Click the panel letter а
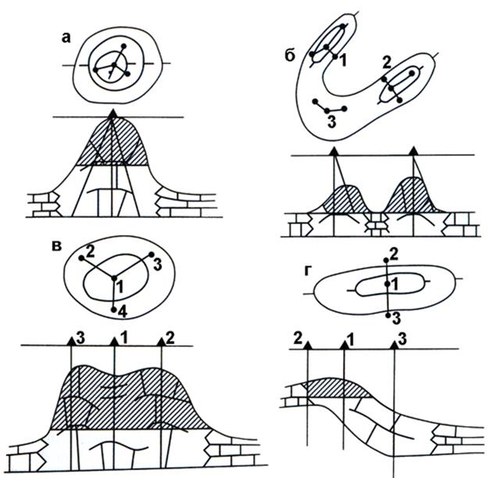pyautogui.click(x=66, y=38)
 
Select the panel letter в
pyautogui.click(x=56, y=246)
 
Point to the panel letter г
pyautogui.click(x=308, y=272)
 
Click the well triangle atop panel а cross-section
pyautogui.click(x=113, y=113)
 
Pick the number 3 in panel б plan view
pyautogui.click(x=332, y=122)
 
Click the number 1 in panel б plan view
pyautogui.click(x=343, y=60)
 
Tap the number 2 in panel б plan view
pyautogui.click(x=387, y=63)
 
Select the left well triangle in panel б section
pyautogui.click(x=334, y=152)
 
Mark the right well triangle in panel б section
pyautogui.click(x=414, y=151)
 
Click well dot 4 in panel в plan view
pyautogui.click(x=114, y=309)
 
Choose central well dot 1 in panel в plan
pyautogui.click(x=114, y=278)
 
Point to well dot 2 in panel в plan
pyautogui.click(x=81, y=259)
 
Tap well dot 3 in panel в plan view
pyautogui.click(x=152, y=255)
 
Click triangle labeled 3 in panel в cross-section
pyautogui.click(x=71, y=342)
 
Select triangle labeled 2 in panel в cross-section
pyautogui.click(x=161, y=342)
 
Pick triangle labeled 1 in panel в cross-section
pyautogui.click(x=115, y=342)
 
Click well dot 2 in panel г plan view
pyautogui.click(x=386, y=260)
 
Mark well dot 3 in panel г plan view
pyautogui.click(x=388, y=316)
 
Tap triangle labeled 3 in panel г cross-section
pyautogui.click(x=394, y=345)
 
